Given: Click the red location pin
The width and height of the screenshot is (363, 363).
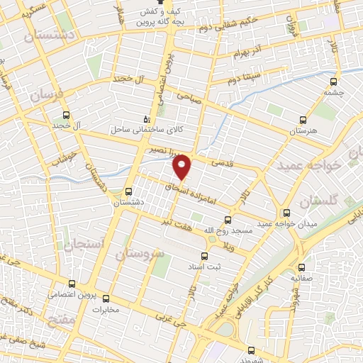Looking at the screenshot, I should point(183,167).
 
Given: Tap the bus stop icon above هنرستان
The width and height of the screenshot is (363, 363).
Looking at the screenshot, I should point(303,120).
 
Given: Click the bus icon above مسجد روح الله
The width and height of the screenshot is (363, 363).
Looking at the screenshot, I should point(228,220).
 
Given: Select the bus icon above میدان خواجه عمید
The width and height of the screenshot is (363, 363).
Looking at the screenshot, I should point(286,212).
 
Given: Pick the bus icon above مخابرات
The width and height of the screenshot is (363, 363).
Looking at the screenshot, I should point(106,298).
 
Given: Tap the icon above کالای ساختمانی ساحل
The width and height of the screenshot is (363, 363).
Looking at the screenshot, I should point(147,119).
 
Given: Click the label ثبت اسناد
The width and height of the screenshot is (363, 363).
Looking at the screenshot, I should point(226,267).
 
